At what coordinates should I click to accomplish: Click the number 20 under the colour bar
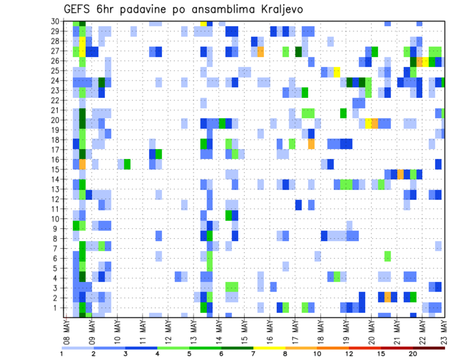tap(413, 354)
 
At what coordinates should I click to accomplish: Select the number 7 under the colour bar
tap(253, 354)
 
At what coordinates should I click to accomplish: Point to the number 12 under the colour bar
tap(349, 354)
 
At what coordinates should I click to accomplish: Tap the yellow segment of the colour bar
tap(269, 347)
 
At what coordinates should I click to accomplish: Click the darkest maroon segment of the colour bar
tap(429, 347)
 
